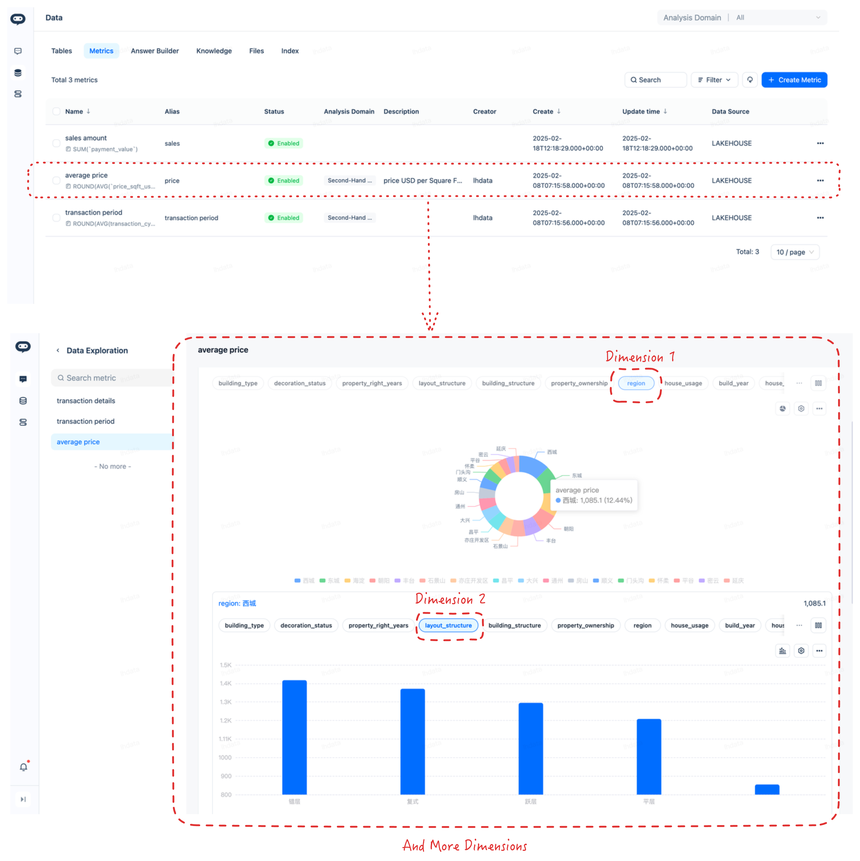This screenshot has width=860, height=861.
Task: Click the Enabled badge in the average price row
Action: [284, 180]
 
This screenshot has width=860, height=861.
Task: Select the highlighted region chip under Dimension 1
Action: [636, 383]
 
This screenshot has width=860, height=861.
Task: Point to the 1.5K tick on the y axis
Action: [226, 665]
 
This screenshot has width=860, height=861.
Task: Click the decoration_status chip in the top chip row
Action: [300, 383]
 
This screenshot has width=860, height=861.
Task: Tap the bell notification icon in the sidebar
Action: [24, 767]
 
